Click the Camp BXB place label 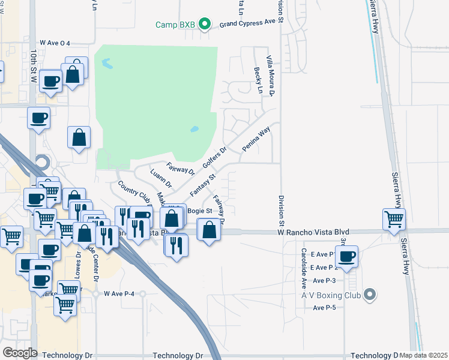point(175,25)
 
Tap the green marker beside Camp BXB point(205,25)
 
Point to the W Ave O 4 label point(55,43)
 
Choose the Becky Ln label point(259,80)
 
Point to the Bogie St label point(200,211)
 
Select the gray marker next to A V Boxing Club point(370,295)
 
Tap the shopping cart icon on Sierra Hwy point(394,220)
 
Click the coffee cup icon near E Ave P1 point(346,257)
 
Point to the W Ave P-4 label point(119,293)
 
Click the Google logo point(19,353)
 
